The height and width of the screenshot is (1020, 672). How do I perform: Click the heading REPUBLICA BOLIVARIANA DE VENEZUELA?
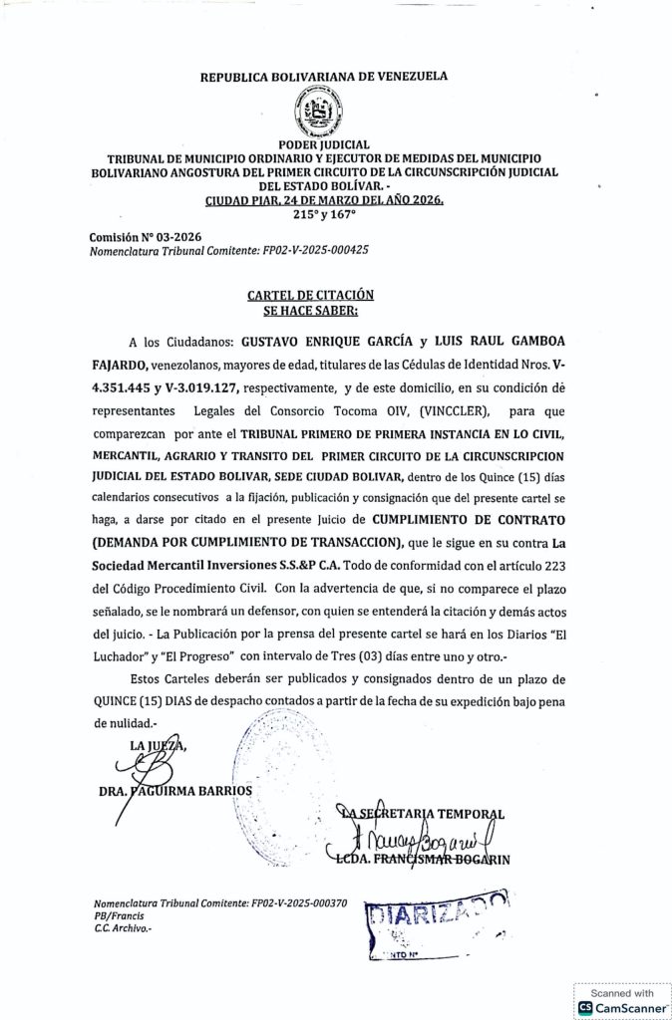pyautogui.click(x=324, y=75)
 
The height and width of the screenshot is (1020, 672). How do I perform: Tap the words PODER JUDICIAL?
pyautogui.click(x=324, y=145)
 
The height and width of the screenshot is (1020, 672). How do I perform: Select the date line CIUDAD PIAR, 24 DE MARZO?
pyautogui.click(x=324, y=199)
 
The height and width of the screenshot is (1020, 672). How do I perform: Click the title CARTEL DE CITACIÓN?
pyautogui.click(x=311, y=295)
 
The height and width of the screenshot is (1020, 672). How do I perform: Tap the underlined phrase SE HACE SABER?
pyautogui.click(x=310, y=309)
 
